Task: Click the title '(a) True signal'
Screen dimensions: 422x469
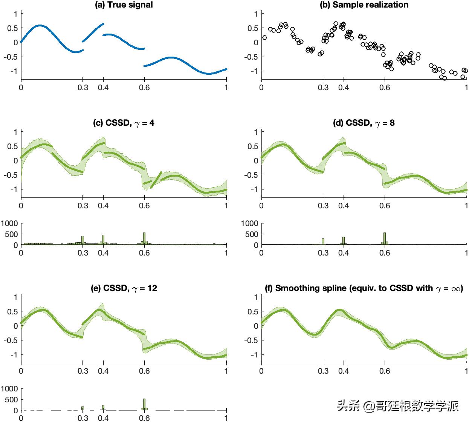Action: pos(124,5)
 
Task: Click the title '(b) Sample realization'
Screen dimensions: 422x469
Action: pos(364,5)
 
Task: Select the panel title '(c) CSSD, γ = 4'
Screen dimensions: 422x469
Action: pos(124,123)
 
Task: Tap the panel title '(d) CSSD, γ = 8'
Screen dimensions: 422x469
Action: pos(364,123)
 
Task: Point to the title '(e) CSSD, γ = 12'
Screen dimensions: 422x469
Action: pos(124,288)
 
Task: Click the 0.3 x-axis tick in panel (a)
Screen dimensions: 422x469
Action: pos(82,88)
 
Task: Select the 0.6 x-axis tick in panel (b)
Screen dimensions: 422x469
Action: pos(385,88)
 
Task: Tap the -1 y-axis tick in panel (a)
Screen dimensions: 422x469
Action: pos(15,71)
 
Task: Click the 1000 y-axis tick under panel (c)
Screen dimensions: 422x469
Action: pos(9,223)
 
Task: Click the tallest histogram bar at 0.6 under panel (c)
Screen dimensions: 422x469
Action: pos(144,239)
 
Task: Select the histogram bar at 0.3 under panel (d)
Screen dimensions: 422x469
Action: pos(323,242)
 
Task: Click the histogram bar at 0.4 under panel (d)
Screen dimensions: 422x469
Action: pos(344,241)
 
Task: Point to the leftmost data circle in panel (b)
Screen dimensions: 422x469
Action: pos(264,37)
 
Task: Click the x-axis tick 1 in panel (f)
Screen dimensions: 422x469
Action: pos(467,371)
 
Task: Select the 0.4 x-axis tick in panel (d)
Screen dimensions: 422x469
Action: pos(344,206)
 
